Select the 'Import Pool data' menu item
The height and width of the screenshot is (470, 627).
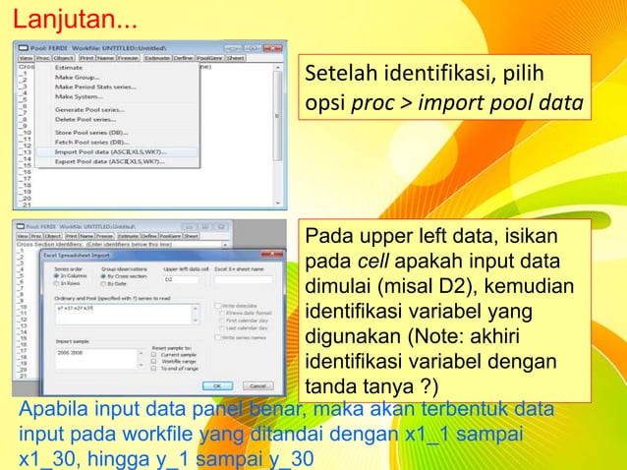[109, 152]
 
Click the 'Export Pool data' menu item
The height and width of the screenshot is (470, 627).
[109, 160]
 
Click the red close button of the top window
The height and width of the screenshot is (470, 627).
[274, 46]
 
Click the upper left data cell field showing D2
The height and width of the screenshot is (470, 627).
[177, 278]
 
